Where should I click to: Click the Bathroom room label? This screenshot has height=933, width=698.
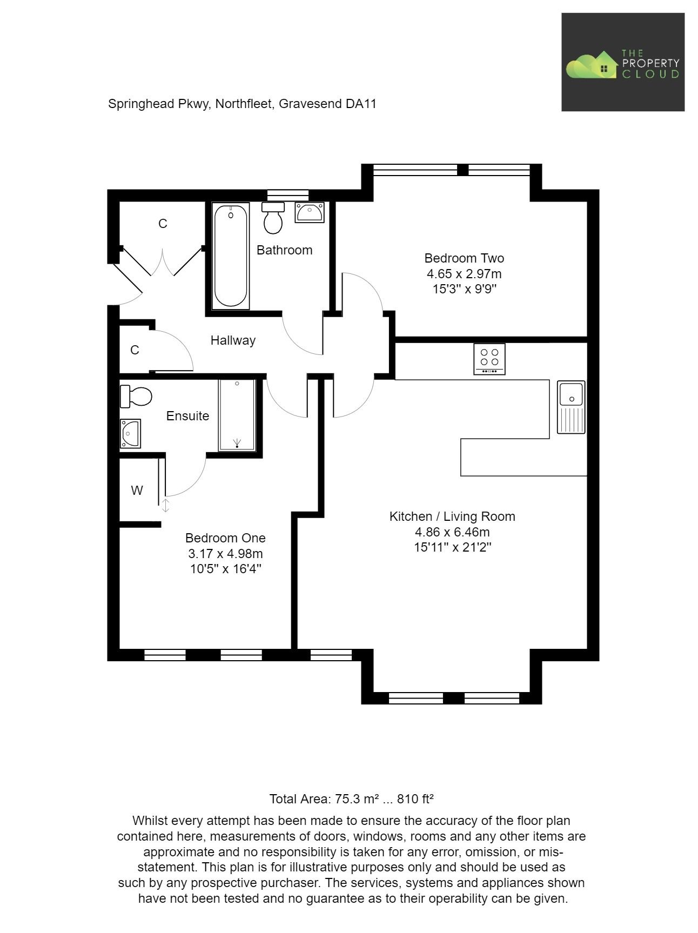(x=284, y=250)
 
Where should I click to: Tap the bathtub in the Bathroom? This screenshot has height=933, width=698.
(x=231, y=256)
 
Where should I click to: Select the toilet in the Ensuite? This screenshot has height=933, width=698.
(x=136, y=397)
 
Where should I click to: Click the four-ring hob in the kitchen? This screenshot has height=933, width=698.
(x=489, y=358)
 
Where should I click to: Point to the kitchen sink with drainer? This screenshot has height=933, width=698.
(x=571, y=407)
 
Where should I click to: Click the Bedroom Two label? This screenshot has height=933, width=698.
(x=464, y=258)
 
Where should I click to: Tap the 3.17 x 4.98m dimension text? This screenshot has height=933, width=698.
(x=225, y=554)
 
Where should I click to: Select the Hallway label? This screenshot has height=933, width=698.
(x=233, y=340)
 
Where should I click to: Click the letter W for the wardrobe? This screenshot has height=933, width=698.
(x=137, y=491)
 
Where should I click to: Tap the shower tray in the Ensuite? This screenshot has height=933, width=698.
(x=237, y=415)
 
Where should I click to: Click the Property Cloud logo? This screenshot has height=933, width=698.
(x=623, y=63)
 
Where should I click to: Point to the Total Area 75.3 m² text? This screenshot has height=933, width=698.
(x=351, y=799)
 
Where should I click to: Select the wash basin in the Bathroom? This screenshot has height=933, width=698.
(x=310, y=212)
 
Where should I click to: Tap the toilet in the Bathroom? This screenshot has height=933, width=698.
(x=273, y=218)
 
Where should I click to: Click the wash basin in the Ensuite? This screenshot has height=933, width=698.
(x=130, y=433)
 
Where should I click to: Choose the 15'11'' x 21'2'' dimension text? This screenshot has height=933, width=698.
(x=452, y=547)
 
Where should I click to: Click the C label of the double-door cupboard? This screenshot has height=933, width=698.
(x=163, y=224)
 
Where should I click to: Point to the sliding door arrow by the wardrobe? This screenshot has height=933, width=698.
(x=166, y=506)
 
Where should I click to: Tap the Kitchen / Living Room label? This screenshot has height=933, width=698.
(x=452, y=516)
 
